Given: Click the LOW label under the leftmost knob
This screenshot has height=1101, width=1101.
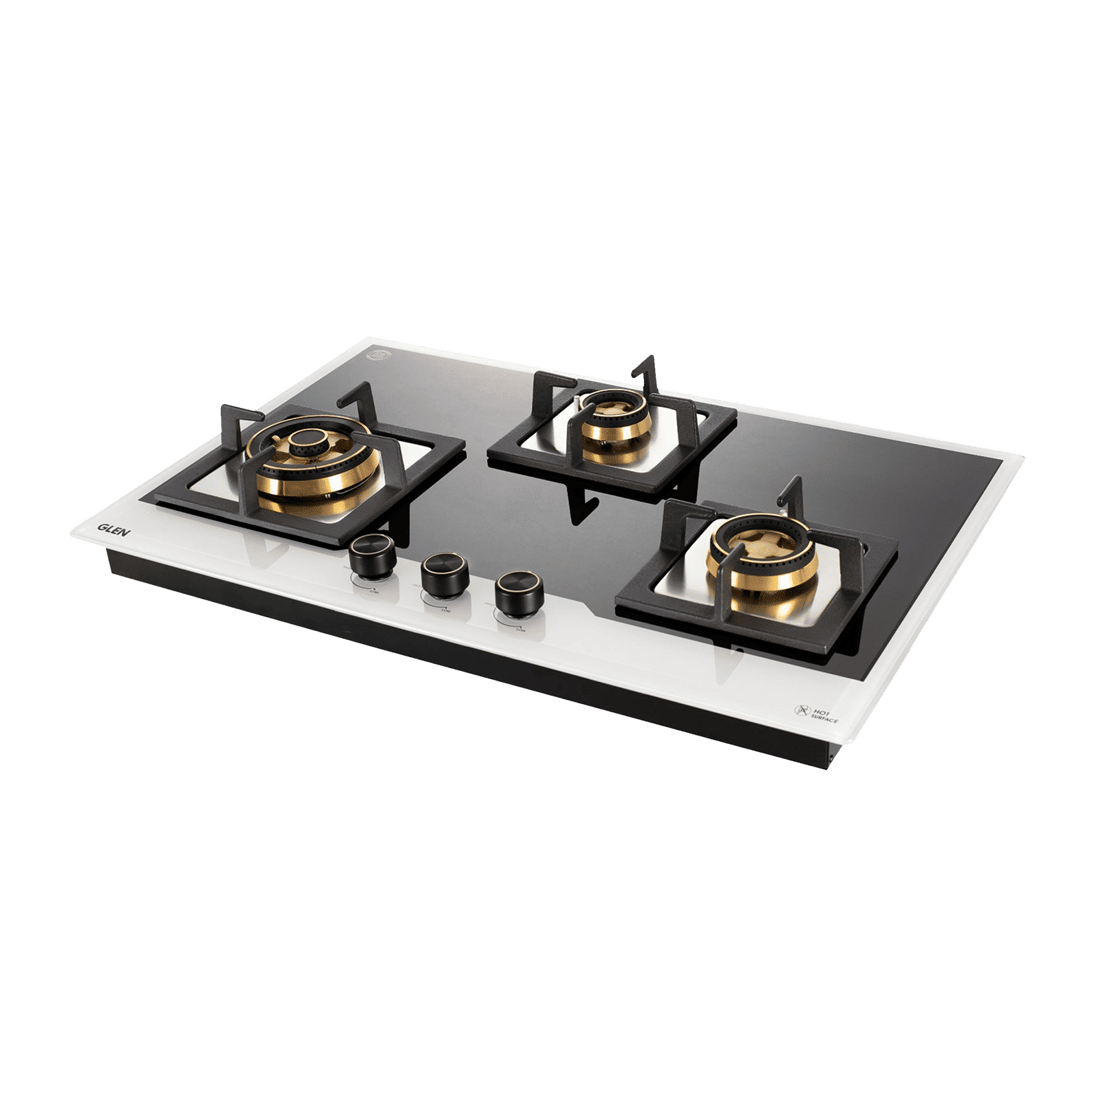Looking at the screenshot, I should pos(375,590).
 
